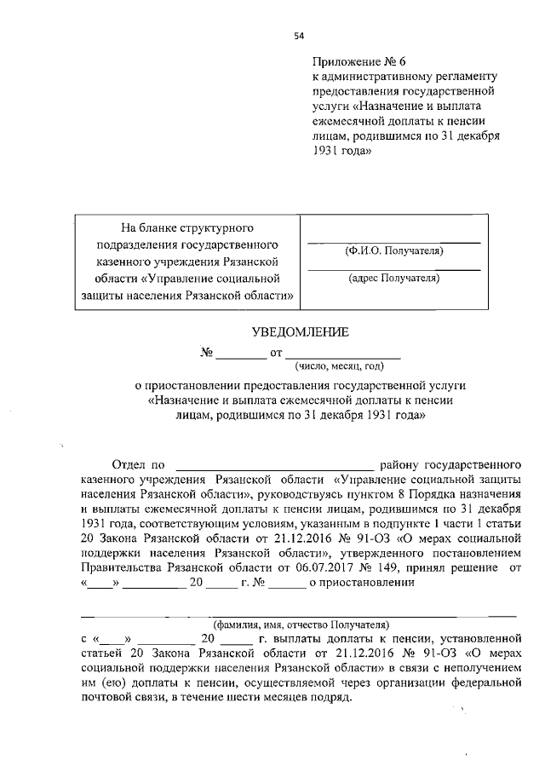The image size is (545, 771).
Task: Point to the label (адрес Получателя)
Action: tap(393, 278)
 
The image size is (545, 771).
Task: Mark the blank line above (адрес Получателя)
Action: tap(393, 268)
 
